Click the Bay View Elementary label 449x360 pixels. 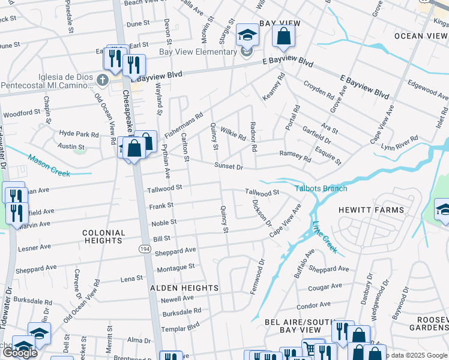[197, 52]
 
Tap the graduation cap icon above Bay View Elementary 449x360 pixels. [246, 35]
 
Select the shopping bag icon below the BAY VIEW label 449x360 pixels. [283, 36]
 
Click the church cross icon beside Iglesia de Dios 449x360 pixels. [103, 80]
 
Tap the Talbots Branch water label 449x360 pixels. [321, 188]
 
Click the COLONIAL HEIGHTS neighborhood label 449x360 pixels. [103, 236]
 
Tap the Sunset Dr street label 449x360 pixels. [229, 166]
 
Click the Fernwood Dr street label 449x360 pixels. [261, 271]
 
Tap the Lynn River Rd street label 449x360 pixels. [400, 142]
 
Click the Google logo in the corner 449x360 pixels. [20, 353]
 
